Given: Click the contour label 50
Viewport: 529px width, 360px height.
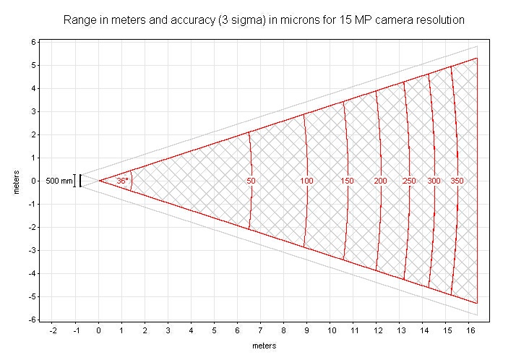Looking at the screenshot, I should (251, 181).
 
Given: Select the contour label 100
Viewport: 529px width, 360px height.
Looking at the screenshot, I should (306, 181).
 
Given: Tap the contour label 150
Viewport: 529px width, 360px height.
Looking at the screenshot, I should (347, 181).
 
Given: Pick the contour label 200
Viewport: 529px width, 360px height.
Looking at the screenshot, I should (381, 181).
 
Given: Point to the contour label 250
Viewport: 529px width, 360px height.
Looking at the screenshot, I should (409, 181).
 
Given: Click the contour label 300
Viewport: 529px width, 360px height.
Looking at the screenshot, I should (434, 181).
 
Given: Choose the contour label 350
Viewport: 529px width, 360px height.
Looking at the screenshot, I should (457, 181).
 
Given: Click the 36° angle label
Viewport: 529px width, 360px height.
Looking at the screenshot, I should (123, 181).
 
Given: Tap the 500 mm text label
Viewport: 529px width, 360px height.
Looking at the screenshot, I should (59, 181).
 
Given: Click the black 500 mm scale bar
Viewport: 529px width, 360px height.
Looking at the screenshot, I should (80, 181).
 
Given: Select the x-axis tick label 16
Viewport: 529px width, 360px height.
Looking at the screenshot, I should (470, 330).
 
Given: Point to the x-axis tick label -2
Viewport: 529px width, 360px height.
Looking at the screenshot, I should (52, 330).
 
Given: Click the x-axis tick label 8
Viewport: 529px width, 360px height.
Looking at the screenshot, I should (284, 330).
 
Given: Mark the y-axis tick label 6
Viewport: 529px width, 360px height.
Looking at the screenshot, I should (33, 42).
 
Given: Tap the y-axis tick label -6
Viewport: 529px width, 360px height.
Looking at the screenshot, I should (31, 320).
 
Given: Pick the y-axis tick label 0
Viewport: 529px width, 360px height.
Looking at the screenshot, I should (33, 181).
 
